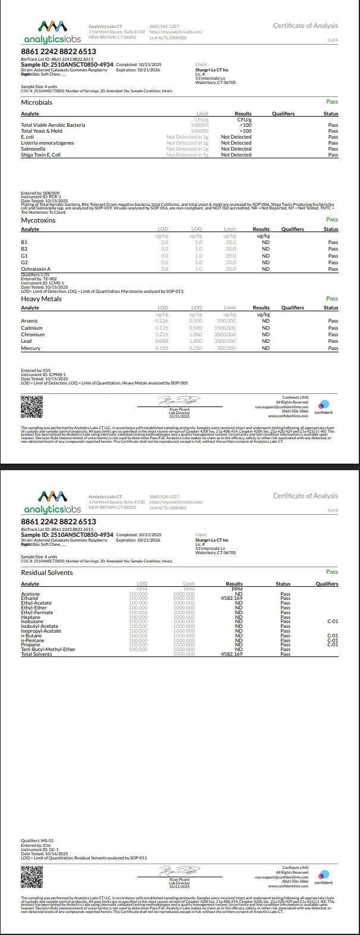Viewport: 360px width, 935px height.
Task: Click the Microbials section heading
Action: click(x=37, y=102)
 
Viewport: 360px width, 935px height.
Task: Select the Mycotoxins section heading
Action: click(x=38, y=220)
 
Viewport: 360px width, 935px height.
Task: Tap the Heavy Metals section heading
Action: click(x=41, y=299)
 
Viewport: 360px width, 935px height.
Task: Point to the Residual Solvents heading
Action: click(x=47, y=573)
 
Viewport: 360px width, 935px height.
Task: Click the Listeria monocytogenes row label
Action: click(x=48, y=143)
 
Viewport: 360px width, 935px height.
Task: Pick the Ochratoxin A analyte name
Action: click(x=36, y=269)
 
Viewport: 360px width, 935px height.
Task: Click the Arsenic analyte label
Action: click(x=30, y=321)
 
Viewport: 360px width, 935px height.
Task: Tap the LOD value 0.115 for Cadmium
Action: click(x=161, y=328)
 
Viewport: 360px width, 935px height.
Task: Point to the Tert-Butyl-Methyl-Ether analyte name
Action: click(x=48, y=649)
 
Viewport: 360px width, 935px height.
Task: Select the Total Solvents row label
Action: click(x=36, y=654)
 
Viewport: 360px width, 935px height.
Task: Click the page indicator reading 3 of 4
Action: click(x=333, y=40)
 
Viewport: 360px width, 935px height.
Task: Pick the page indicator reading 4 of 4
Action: click(x=333, y=510)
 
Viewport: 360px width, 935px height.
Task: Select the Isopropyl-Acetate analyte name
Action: click(x=41, y=631)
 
